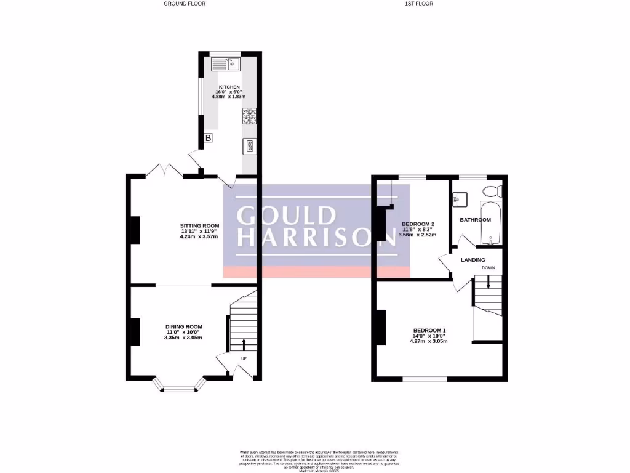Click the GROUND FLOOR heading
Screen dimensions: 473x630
185,4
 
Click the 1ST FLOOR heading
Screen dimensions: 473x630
419,4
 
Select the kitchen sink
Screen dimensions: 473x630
226,63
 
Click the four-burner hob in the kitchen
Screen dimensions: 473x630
250,116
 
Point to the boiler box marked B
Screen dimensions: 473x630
209,138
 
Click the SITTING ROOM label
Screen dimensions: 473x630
199,226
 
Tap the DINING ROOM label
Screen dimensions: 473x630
183,326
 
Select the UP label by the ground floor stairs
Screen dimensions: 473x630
244,358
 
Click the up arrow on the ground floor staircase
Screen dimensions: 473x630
244,344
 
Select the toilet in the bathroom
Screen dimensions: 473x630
493,190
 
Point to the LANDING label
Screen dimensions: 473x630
473,260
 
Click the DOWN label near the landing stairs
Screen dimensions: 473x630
488,268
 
